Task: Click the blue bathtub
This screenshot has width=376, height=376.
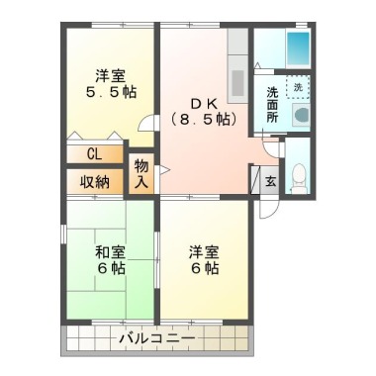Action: (x=298, y=47)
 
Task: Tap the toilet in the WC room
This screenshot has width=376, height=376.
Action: (x=299, y=177)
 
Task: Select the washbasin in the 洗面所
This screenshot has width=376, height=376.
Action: (x=301, y=115)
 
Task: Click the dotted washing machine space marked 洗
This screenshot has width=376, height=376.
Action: (x=298, y=87)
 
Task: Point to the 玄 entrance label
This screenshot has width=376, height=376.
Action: (x=271, y=181)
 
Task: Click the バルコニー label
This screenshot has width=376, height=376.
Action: (x=157, y=338)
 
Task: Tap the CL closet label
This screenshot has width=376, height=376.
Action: (x=94, y=154)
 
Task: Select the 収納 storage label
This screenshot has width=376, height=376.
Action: (x=95, y=182)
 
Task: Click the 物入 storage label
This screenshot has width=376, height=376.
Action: (x=141, y=174)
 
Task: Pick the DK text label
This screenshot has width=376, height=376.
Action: (x=204, y=104)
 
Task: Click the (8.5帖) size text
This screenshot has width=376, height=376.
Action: (x=204, y=119)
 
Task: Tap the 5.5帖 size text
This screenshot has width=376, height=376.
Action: (x=111, y=92)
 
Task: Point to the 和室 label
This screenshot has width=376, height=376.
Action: (x=110, y=253)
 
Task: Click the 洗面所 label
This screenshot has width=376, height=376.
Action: (x=272, y=105)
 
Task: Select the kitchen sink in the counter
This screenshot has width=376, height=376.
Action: (x=237, y=83)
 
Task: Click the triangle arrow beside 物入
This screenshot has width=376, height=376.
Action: (x=164, y=170)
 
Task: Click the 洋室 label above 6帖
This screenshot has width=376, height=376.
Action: (x=204, y=253)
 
